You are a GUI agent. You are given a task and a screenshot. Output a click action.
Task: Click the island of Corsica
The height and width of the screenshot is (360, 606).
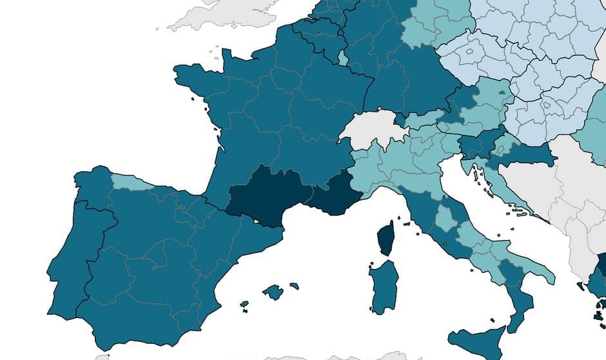(386, 238)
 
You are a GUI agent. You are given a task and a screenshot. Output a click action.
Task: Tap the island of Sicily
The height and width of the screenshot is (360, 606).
(478, 340)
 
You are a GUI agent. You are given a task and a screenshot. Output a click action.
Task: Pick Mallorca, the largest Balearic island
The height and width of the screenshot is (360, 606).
(273, 292)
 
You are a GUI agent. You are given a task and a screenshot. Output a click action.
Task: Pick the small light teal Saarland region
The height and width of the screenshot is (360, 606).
(343, 60)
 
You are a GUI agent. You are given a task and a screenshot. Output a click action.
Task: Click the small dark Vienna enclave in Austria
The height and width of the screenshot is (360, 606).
(502, 94)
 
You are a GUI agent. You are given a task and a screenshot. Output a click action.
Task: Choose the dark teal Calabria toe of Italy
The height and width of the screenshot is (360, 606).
(520, 303)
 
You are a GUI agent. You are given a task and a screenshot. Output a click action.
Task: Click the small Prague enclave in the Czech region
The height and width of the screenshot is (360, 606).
(469, 51)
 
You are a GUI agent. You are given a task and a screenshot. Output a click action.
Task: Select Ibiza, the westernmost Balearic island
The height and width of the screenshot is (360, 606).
(244, 304)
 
